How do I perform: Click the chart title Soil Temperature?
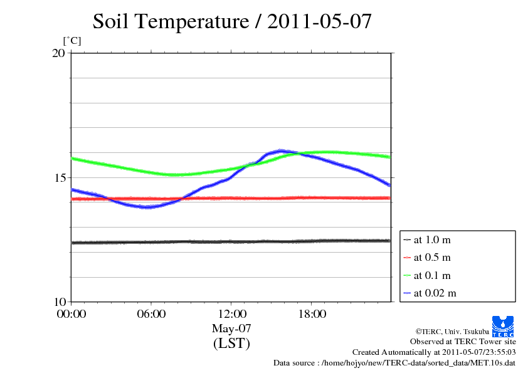tap(232, 22)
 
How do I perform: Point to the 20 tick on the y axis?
tap(58, 53)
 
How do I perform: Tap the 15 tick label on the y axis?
tap(58, 177)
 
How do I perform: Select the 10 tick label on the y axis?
tap(58, 302)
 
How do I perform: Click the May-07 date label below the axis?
tap(231, 328)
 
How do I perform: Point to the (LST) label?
tap(231, 344)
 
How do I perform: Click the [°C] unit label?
tap(72, 41)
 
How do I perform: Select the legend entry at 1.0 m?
tap(432, 239)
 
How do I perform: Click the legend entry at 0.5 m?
tap(432, 257)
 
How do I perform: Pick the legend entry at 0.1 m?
tap(432, 275)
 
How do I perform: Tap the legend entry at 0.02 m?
tap(435, 293)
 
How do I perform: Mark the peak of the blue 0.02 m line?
tap(280, 150)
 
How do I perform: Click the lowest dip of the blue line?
tap(147, 206)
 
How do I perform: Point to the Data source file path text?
tap(394, 363)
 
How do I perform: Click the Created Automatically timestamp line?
tap(434, 352)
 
